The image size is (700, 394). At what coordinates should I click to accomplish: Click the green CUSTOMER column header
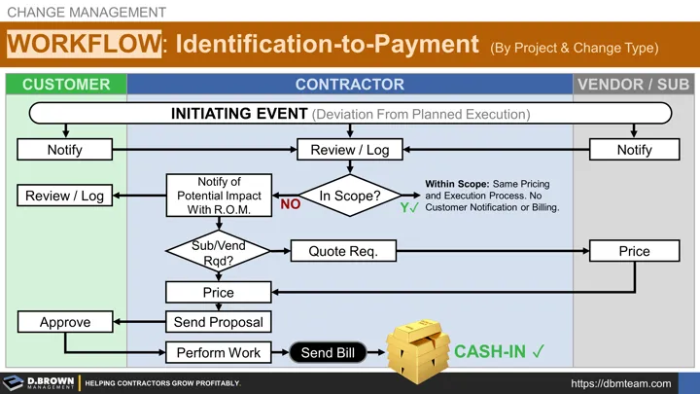click(x=65, y=85)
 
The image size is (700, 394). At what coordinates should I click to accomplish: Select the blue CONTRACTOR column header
click(x=350, y=85)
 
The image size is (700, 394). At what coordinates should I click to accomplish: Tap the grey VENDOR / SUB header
click(x=633, y=85)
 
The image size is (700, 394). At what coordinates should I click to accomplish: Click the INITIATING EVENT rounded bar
click(x=350, y=114)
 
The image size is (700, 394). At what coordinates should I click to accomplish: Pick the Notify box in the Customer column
click(x=65, y=150)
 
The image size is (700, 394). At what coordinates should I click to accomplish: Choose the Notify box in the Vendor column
click(x=634, y=150)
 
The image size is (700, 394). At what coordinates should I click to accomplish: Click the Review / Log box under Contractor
click(x=350, y=150)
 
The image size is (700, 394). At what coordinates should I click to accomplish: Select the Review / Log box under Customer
click(x=65, y=196)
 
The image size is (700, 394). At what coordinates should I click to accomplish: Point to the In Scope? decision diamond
click(x=350, y=196)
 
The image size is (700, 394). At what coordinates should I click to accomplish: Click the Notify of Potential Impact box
click(x=218, y=196)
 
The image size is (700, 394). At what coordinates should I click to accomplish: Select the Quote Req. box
click(x=342, y=251)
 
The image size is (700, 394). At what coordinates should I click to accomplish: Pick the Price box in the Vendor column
click(x=634, y=251)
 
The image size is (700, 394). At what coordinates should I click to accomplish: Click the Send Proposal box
click(x=218, y=321)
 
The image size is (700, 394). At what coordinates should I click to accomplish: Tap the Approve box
click(x=65, y=322)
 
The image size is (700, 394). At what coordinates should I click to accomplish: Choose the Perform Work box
click(x=218, y=352)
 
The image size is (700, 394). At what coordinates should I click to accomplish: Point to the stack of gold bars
click(x=415, y=344)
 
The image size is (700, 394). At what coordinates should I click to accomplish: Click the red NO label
click(x=290, y=205)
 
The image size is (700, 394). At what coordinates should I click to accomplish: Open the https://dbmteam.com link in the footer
click(x=621, y=383)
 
